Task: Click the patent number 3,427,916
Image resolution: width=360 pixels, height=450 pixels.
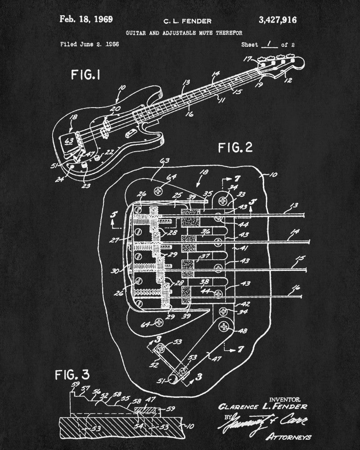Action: pos(277,19)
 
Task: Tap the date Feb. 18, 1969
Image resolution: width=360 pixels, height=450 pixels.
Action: pos(86,19)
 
